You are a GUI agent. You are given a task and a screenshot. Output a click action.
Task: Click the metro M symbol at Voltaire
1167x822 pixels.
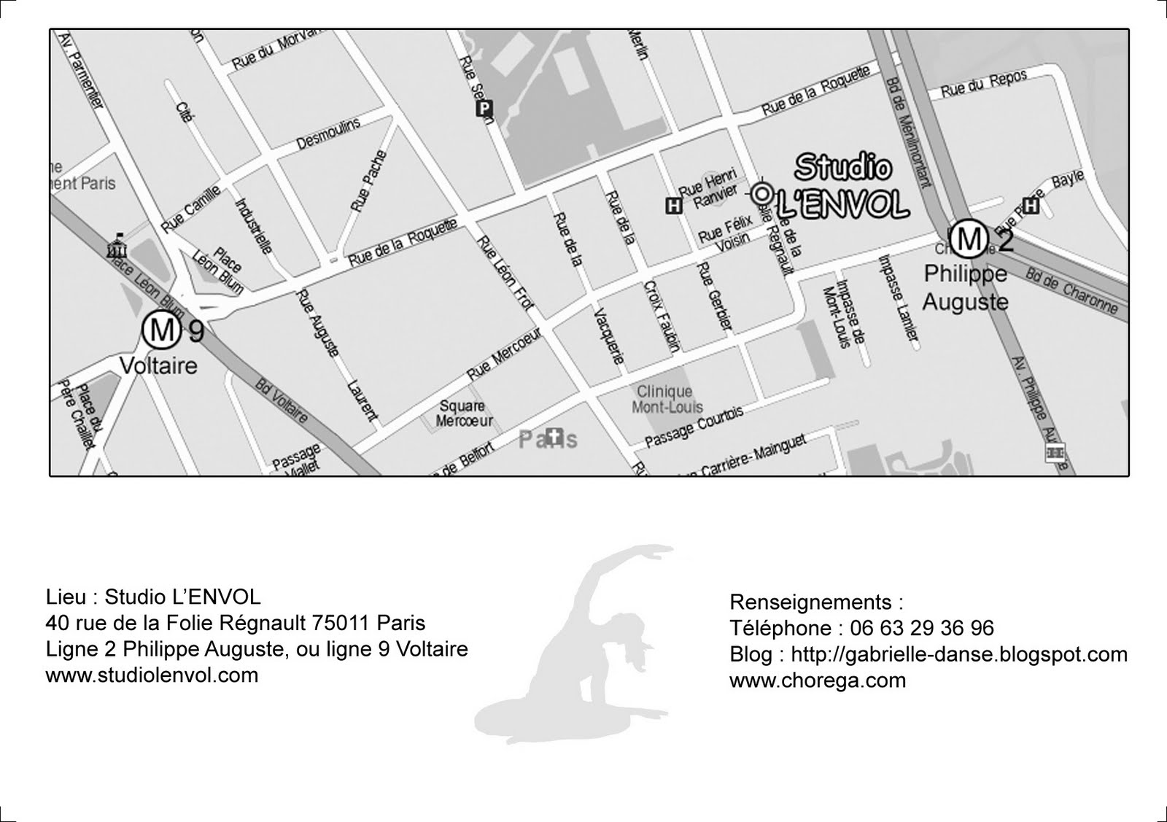click(161, 330)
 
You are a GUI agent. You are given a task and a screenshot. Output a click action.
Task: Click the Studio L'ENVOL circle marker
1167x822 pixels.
click(761, 193)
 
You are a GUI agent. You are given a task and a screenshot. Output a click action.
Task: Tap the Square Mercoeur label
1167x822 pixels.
click(464, 413)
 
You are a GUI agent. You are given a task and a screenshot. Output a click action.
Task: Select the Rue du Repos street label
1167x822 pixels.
click(983, 84)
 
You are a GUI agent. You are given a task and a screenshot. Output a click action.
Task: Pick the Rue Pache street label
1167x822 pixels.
click(368, 181)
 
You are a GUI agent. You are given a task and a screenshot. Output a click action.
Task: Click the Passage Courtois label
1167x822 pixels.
click(694, 427)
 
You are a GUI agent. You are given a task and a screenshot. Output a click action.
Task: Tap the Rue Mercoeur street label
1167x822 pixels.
click(504, 354)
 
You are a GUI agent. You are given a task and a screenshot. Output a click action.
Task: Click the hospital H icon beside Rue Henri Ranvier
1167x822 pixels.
click(674, 206)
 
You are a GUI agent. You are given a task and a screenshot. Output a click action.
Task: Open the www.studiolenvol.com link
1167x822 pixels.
click(152, 675)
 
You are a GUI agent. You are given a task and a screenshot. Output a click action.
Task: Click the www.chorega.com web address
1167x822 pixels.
click(817, 681)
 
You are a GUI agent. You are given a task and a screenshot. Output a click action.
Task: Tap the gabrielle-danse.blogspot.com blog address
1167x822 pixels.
click(959, 654)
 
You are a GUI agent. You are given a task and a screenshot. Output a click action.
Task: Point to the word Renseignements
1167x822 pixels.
click(811, 602)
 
